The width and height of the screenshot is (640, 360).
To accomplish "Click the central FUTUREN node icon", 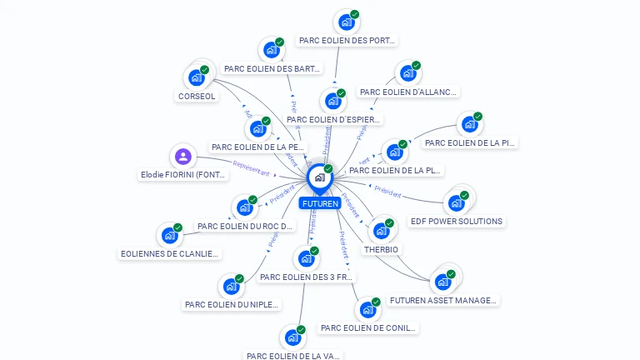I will tap(319, 177).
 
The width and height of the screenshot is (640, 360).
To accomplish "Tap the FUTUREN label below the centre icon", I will tap(320, 203).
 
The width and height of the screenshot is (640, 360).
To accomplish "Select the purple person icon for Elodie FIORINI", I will tap(183, 157).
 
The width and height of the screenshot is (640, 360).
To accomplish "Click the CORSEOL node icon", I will tap(197, 77).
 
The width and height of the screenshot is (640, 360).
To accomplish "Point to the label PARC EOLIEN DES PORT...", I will tap(347, 40).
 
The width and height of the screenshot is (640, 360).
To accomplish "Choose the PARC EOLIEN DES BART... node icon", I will tap(271, 50).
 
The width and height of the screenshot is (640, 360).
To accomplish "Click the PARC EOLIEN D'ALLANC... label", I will tap(408, 92).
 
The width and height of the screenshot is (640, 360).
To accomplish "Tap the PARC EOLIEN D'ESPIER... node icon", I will tap(333, 101).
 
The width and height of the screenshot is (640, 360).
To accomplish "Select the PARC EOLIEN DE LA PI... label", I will tap(470, 142).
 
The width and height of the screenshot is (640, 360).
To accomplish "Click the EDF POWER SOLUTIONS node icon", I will tap(456, 202).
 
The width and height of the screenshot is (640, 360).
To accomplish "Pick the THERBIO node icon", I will tap(381, 231).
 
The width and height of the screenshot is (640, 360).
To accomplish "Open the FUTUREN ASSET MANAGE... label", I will tap(443, 300).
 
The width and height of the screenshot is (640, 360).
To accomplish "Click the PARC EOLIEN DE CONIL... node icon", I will tap(367, 310).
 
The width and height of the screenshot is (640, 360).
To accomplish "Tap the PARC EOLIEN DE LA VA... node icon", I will tap(292, 337).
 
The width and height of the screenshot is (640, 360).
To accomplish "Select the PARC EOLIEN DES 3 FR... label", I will tap(307, 277).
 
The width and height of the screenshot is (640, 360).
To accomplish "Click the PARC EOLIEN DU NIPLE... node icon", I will tap(231, 287).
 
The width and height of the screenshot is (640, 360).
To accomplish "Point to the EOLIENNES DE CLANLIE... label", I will tap(169, 253).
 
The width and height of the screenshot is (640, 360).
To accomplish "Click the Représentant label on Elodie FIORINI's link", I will tap(251, 168).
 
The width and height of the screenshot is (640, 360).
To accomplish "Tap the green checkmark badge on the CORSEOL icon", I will tap(204, 70).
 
